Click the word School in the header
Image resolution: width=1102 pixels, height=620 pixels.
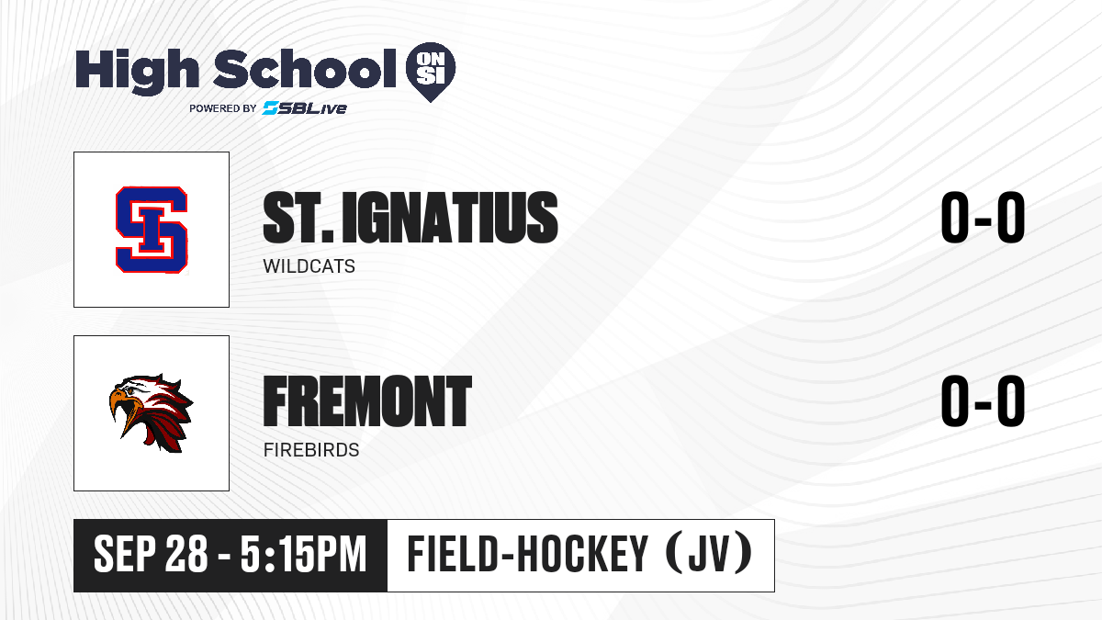[305, 68]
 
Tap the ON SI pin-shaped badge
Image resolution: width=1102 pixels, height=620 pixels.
[431, 72]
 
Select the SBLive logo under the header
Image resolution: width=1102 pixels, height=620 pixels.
[305, 108]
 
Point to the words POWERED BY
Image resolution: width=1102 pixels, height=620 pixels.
[223, 108]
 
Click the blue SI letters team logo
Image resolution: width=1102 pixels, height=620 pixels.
[152, 230]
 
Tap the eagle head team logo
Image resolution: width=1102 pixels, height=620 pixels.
[151, 413]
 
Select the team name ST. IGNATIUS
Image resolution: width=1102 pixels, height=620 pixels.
[410, 218]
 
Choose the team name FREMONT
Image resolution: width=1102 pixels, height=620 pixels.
[367, 400]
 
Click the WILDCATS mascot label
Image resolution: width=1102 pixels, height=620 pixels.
[309, 266]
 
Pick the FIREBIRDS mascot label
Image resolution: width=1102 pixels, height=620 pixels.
[311, 450]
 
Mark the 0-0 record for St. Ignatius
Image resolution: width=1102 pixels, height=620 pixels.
[983, 218]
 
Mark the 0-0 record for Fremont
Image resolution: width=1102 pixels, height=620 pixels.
[983, 400]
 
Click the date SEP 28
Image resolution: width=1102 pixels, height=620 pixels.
[151, 554]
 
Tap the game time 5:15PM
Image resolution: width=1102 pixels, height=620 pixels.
[304, 554]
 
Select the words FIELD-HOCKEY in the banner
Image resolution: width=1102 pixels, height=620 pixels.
[527, 554]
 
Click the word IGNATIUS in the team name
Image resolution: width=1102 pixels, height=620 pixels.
[450, 218]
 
